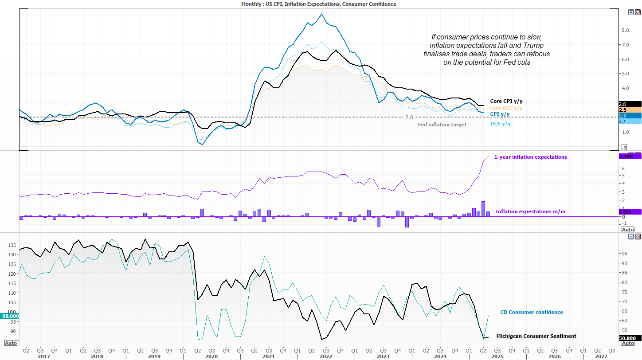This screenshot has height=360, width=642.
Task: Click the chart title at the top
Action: pyautogui.click(x=318, y=4)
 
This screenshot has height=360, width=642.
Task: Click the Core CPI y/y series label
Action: pyautogui.click(x=506, y=102)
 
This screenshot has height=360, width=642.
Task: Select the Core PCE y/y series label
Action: pyautogui.click(x=505, y=108)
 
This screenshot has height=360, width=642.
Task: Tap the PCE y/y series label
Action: pyautogui.click(x=500, y=124)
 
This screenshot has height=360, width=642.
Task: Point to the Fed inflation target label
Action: pyautogui.click(x=442, y=125)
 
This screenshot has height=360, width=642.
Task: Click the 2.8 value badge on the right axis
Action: pyautogui.click(x=622, y=104)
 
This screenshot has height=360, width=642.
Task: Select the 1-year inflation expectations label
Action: pyautogui.click(x=530, y=157)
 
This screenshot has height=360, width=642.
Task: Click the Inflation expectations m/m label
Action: pyautogui.click(x=530, y=211)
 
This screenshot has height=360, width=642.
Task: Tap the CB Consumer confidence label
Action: pyautogui.click(x=531, y=312)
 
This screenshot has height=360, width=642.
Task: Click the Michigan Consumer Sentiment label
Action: pyautogui.click(x=536, y=336)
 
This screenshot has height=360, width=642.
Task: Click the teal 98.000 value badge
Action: pyautogui.click(x=10, y=316)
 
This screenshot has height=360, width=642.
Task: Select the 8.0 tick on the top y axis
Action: pyautogui.click(x=625, y=30)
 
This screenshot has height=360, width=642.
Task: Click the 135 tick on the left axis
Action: pyautogui.click(x=12, y=245)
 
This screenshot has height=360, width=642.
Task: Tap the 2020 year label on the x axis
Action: pyautogui.click(x=211, y=356)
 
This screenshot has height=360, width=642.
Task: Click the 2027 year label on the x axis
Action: pyautogui.click(x=601, y=356)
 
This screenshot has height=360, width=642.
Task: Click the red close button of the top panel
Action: pyautogui.click(x=638, y=12)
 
